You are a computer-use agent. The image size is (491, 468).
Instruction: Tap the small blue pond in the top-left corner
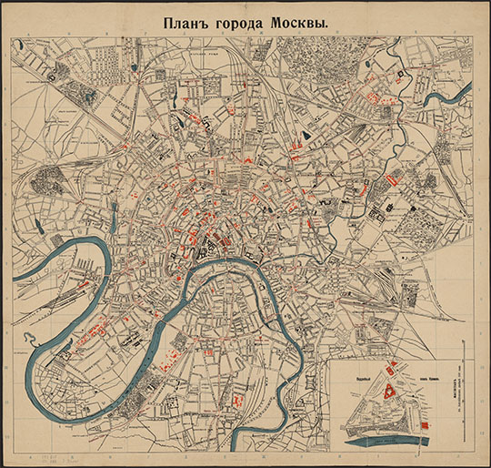tap(135, 66)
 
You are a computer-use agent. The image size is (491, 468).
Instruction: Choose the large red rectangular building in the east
tap(393, 179)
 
